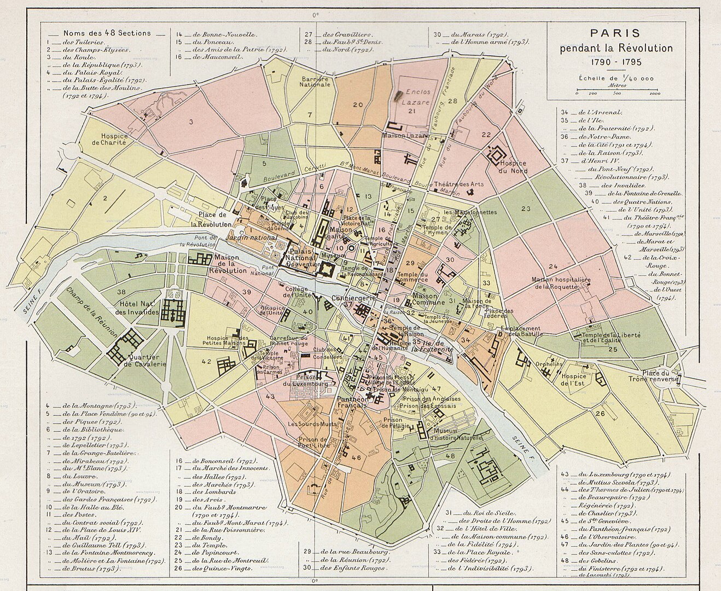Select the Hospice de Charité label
pyautogui.click(x=114, y=139)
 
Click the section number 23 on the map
pyautogui.click(x=526, y=209)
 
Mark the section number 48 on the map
pyautogui.click(x=450, y=456)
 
